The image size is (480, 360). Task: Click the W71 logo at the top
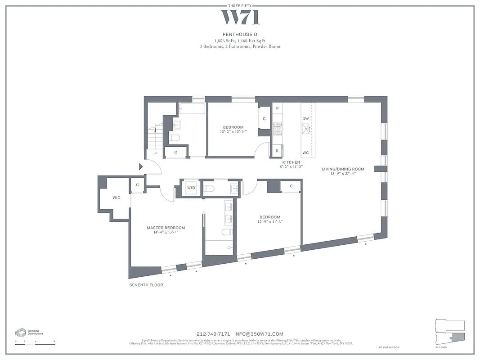click(240, 18)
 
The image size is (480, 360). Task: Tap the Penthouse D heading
click(240, 34)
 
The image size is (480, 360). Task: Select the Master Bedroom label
click(166, 228)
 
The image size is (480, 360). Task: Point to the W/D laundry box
click(191, 188)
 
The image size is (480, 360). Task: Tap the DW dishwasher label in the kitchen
click(305, 118)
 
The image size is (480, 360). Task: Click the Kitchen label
click(291, 162)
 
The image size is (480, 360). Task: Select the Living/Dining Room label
click(343, 169)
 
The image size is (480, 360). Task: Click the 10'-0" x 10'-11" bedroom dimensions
click(233, 132)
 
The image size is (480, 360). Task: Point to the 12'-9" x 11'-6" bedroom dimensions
click(270, 221)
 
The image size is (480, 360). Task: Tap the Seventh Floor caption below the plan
click(146, 285)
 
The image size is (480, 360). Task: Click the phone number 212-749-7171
click(213, 334)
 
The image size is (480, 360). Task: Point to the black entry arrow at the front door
click(140, 166)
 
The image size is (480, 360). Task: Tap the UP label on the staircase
click(155, 153)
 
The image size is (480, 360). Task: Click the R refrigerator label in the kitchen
click(277, 151)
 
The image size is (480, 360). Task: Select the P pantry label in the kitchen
click(277, 108)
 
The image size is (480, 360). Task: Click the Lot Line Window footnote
click(387, 347)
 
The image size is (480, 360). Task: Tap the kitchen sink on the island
click(308, 130)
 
